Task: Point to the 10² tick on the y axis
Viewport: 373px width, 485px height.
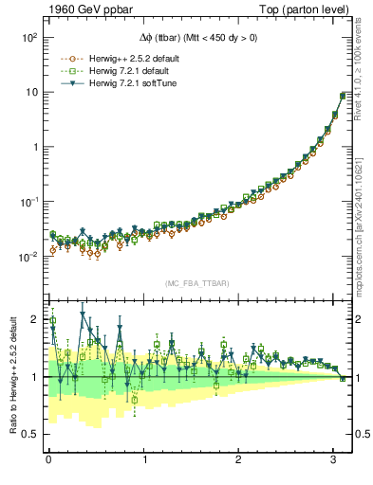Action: (28, 37)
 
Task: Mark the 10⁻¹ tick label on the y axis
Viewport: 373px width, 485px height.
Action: (28, 202)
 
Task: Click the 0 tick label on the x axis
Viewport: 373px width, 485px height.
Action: (47, 461)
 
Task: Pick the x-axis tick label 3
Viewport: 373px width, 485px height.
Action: (334, 461)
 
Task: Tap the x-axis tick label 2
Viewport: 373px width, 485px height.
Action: (239, 461)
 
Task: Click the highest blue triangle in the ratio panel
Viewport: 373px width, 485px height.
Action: (84, 314)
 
